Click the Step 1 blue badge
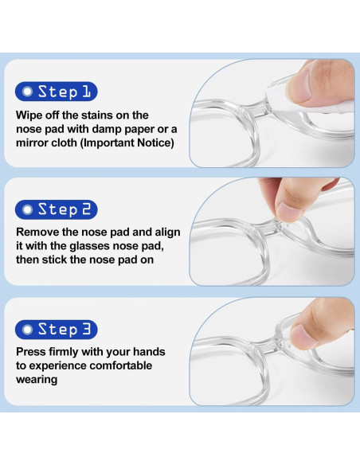tap(57, 92)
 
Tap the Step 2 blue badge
tap(57, 210)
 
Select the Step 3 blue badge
tap(57, 329)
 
